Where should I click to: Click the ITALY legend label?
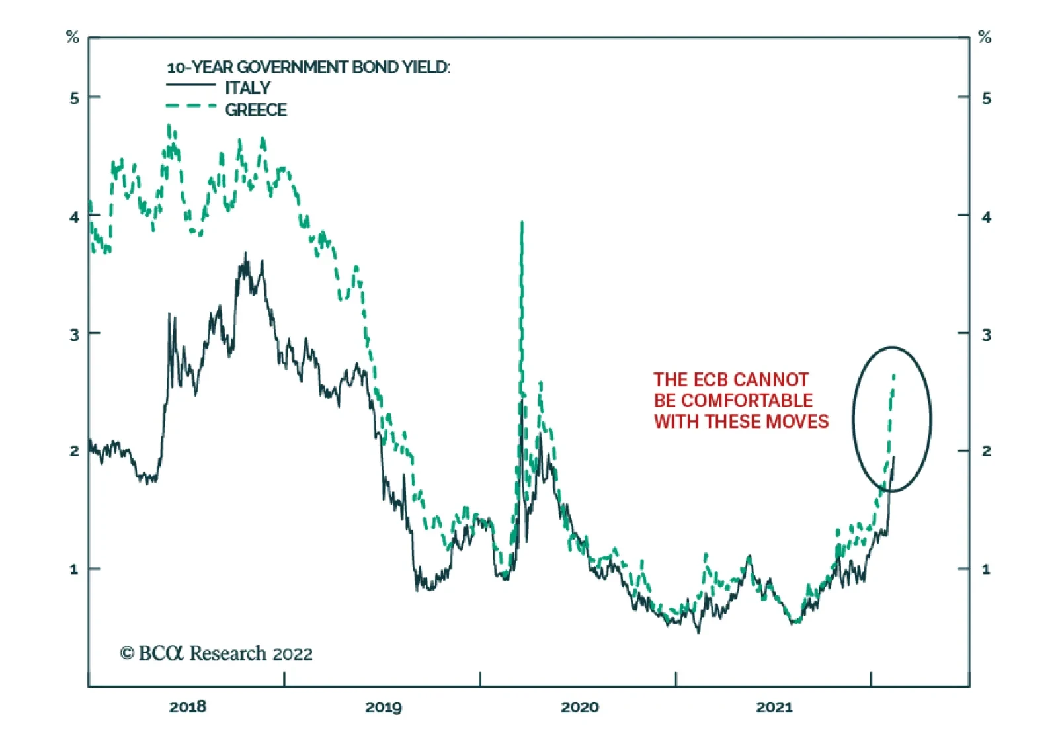pyautogui.click(x=247, y=88)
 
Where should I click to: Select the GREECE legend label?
pyautogui.click(x=255, y=110)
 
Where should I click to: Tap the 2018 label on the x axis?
pyautogui.click(x=188, y=707)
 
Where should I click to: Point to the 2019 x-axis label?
pyautogui.click(x=384, y=707)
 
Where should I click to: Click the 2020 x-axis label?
pyautogui.click(x=579, y=707)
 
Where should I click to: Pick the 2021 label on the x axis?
pyautogui.click(x=774, y=707)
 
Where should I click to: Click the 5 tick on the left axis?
pyautogui.click(x=74, y=99)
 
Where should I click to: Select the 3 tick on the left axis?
pyautogui.click(x=74, y=335)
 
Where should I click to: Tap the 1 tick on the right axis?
pyautogui.click(x=986, y=569)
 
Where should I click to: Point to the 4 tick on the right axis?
pyautogui.click(x=986, y=217)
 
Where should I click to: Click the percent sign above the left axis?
pyautogui.click(x=73, y=38)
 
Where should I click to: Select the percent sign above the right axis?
pyautogui.click(x=985, y=38)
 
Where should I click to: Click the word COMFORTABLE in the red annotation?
pyautogui.click(x=747, y=401)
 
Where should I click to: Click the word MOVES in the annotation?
pyautogui.click(x=799, y=421)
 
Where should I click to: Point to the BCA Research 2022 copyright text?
pyautogui.click(x=216, y=653)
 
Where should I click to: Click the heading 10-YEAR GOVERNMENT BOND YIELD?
pyautogui.click(x=308, y=67)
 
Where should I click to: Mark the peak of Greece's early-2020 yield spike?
pyautogui.click(x=522, y=223)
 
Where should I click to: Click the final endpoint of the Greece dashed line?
pyautogui.click(x=894, y=375)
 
